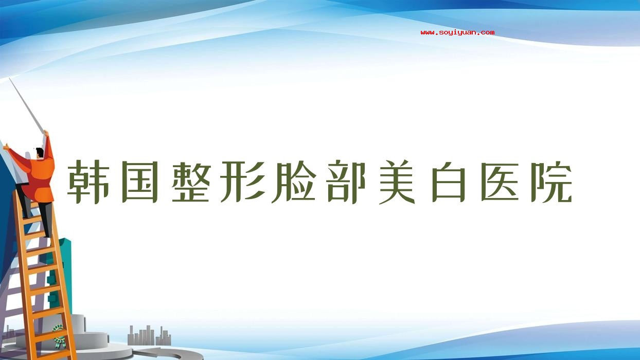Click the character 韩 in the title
[x=87, y=182]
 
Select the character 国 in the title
[x=140, y=182]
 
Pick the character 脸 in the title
[x=294, y=182]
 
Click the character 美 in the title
[x=397, y=182]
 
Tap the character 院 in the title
[x=552, y=182]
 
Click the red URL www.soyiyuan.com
[x=457, y=32]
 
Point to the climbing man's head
[x=40, y=153]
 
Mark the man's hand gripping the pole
[x=46, y=133]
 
